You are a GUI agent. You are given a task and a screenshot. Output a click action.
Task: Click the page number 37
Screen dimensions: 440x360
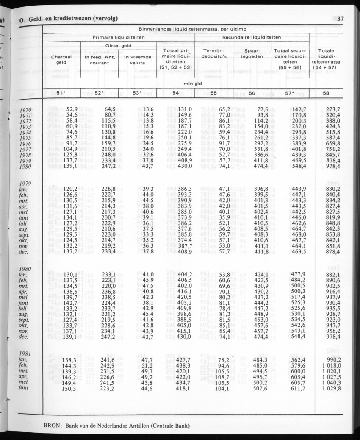(x=340, y=18)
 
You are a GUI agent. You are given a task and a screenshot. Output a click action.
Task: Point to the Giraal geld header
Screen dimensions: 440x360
(x=118, y=46)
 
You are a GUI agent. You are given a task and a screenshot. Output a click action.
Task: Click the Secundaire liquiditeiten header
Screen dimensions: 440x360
(x=252, y=37)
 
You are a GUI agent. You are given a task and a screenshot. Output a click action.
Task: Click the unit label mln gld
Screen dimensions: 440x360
(x=193, y=84)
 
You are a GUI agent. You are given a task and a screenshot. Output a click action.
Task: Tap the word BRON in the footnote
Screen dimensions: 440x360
(x=53, y=426)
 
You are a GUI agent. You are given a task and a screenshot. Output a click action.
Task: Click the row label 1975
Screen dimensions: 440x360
(x=26, y=138)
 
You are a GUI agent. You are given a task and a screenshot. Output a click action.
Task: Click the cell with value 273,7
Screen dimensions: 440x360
(x=333, y=109)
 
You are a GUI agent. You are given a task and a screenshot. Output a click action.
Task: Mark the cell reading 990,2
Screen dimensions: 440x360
(x=333, y=359)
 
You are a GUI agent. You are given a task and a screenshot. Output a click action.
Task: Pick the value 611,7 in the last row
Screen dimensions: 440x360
(x=296, y=388)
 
